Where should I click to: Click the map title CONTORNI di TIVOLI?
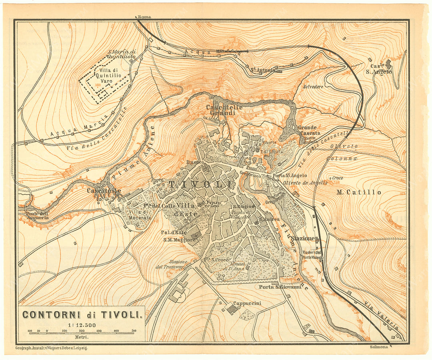(x=82, y=314)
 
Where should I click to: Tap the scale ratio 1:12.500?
(x=82, y=325)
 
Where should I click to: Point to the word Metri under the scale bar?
(x=82, y=338)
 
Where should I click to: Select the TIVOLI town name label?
(x=200, y=184)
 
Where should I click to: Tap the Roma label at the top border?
(x=144, y=17)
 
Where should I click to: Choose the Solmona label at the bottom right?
(x=379, y=347)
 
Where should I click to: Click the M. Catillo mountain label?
(x=359, y=192)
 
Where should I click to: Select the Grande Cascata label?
(x=309, y=130)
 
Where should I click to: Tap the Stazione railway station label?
(x=303, y=238)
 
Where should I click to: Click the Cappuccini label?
(x=247, y=304)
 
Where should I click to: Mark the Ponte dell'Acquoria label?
(x=38, y=216)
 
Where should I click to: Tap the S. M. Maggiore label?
(x=179, y=240)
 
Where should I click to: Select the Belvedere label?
(x=313, y=87)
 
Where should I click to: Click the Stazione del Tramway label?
(x=171, y=264)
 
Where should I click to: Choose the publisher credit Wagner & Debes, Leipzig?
(x=51, y=348)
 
